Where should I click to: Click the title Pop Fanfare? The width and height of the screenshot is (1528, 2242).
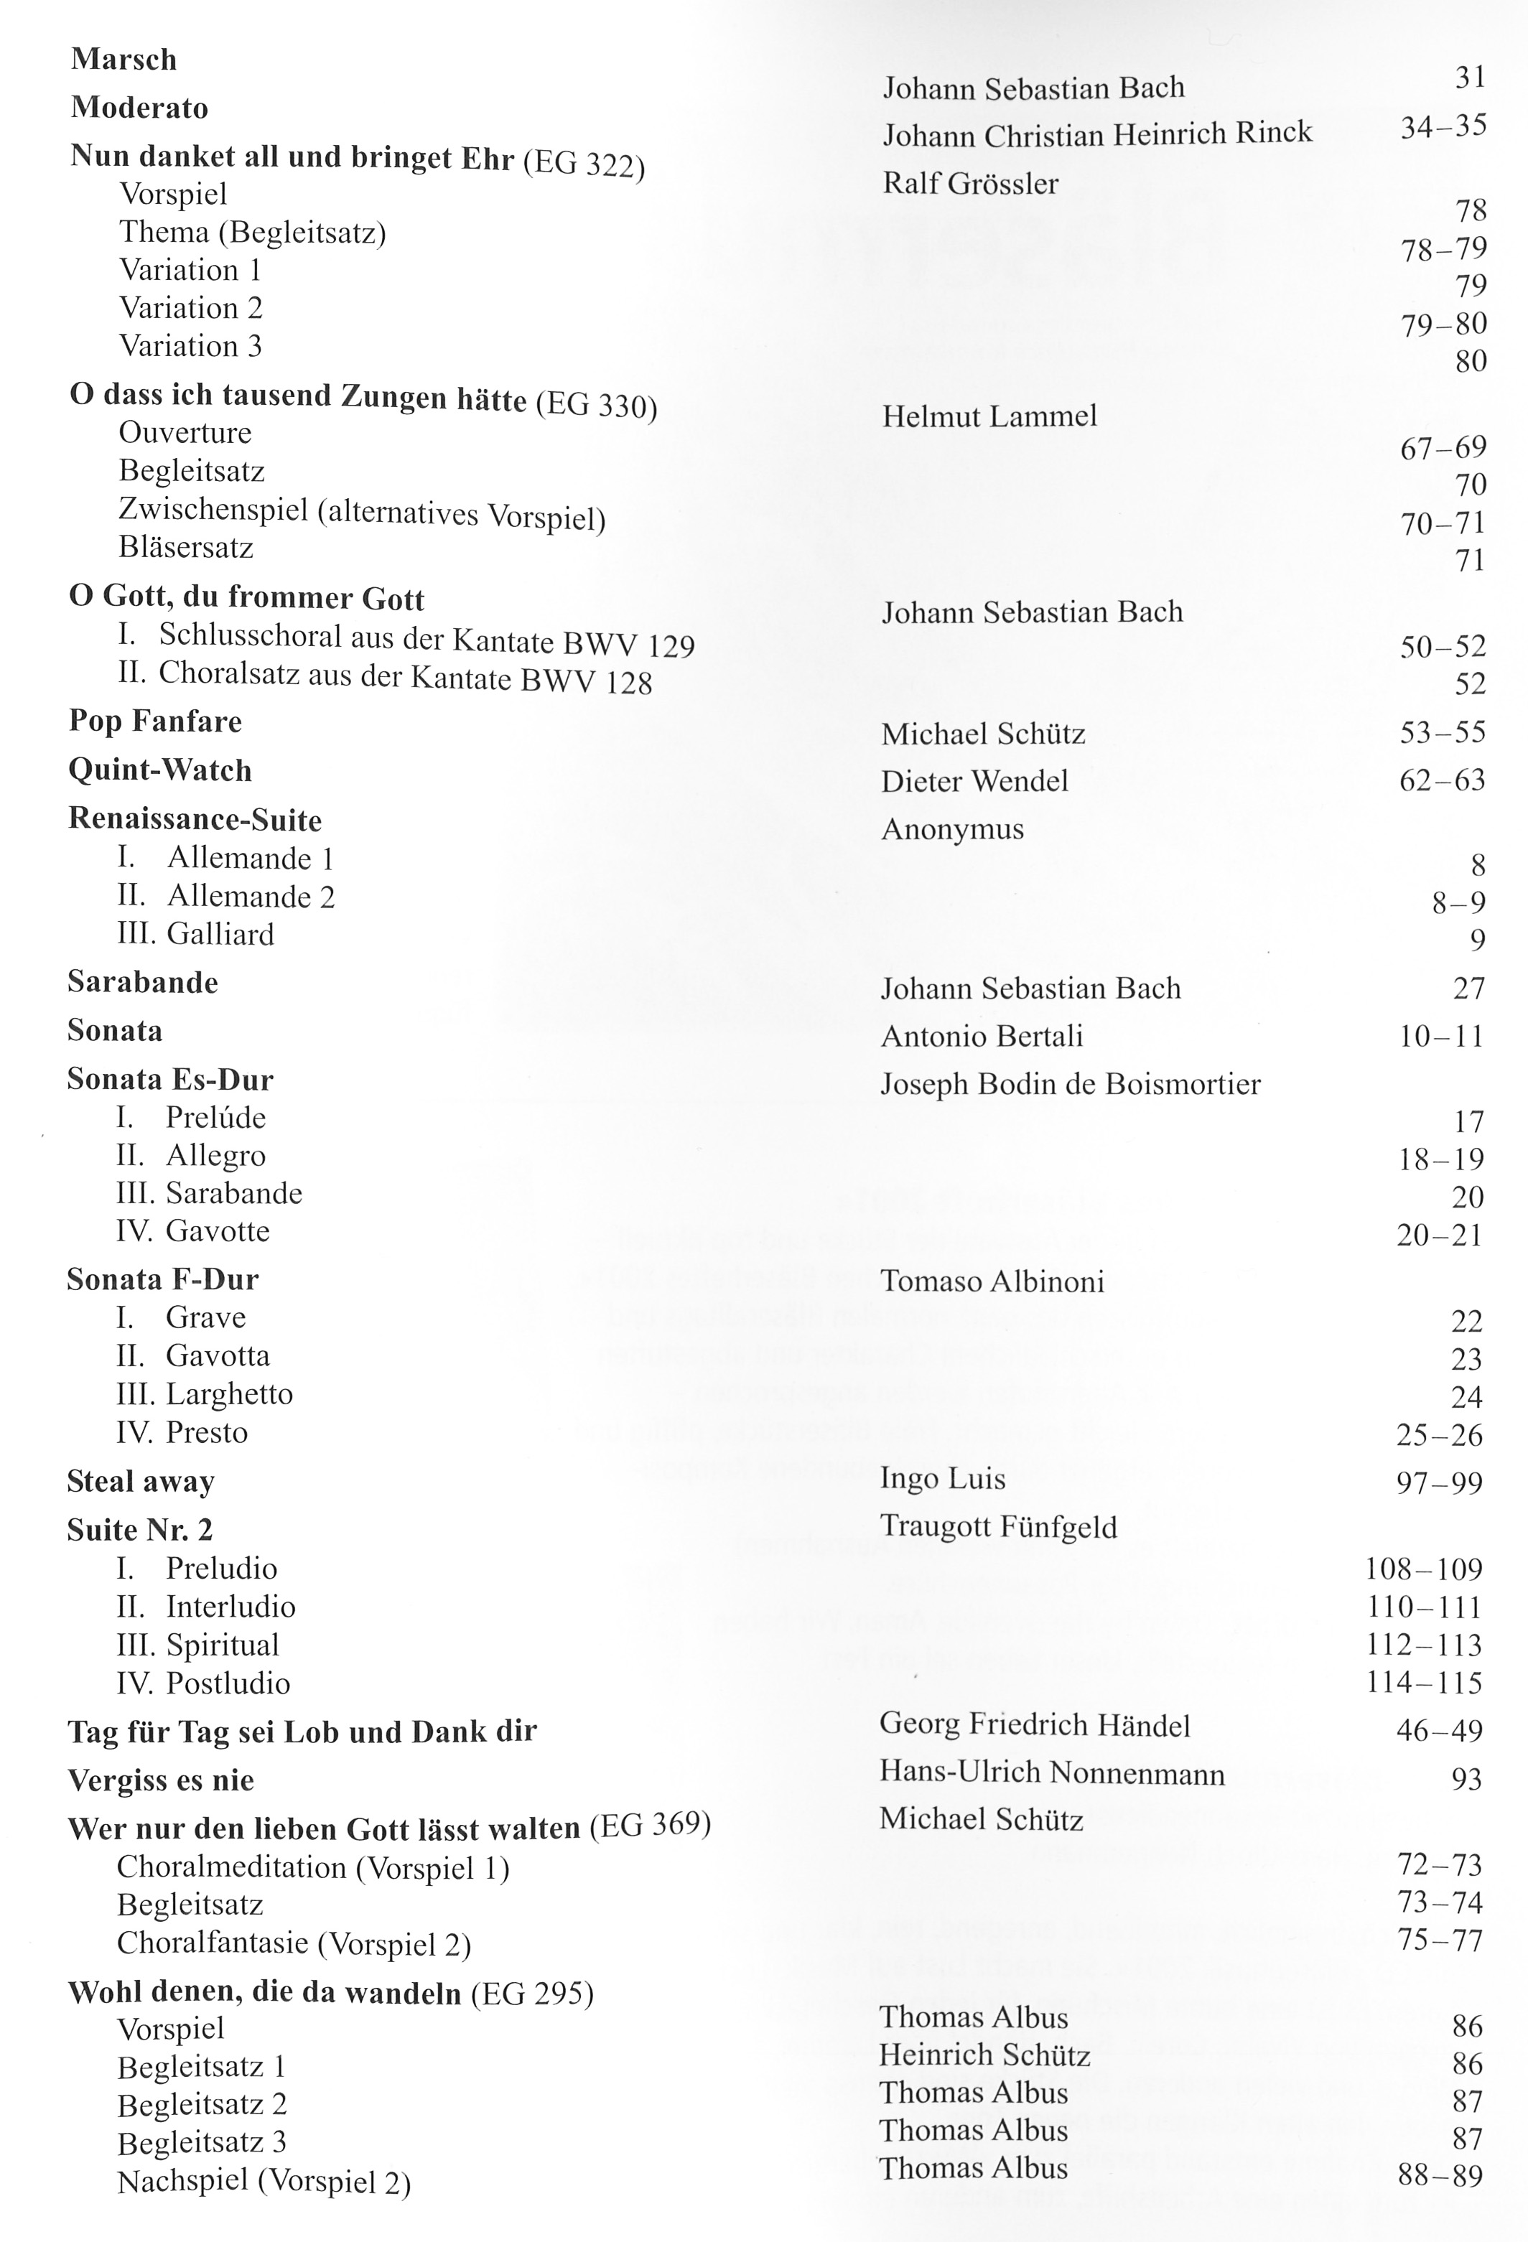(x=155, y=721)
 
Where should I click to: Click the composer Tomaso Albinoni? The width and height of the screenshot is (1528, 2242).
(x=992, y=1281)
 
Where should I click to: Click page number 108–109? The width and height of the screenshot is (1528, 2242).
(x=1423, y=1569)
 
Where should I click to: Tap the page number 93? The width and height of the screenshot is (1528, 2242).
(x=1466, y=1778)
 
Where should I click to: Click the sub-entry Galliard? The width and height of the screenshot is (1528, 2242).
(x=220, y=934)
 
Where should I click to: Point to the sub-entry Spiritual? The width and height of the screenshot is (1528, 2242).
(x=222, y=1645)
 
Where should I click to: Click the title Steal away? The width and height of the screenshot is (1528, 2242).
(x=141, y=1481)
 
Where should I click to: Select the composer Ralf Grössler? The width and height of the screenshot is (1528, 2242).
(x=969, y=183)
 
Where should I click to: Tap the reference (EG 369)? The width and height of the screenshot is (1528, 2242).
(x=649, y=1825)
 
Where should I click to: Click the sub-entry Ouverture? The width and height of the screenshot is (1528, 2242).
(x=185, y=432)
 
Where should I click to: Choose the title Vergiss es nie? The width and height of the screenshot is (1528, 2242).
(x=161, y=1780)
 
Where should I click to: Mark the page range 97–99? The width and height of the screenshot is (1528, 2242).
(x=1438, y=1482)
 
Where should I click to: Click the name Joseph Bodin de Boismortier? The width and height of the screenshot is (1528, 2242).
(x=1070, y=1084)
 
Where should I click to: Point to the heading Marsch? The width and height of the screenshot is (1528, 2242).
(x=124, y=60)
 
